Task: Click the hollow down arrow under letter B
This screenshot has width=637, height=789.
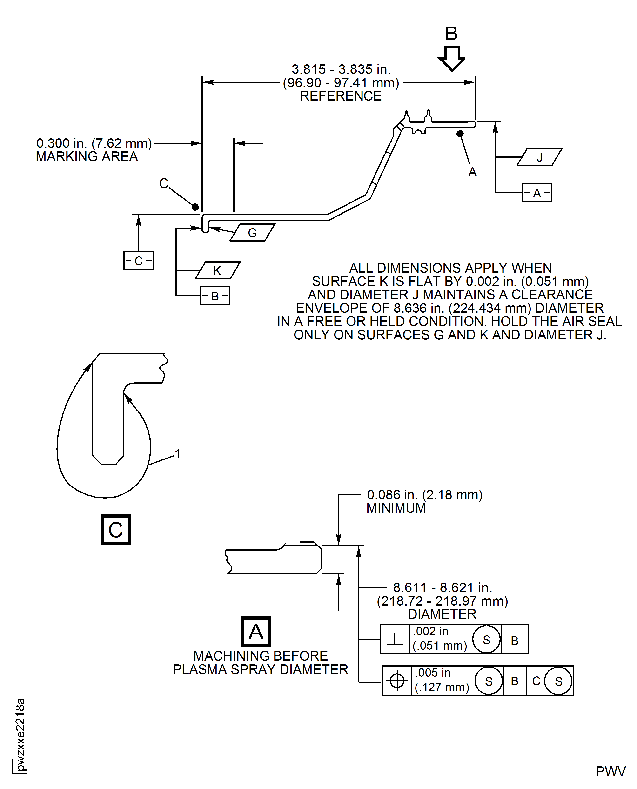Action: (452, 58)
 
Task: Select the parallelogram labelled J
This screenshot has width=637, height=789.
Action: (539, 157)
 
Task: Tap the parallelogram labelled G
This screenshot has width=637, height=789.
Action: (252, 232)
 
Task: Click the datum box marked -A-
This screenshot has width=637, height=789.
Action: (536, 192)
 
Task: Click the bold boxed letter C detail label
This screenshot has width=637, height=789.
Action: (116, 530)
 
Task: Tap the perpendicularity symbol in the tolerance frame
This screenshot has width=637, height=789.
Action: (395, 639)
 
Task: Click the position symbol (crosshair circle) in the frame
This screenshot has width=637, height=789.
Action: (397, 681)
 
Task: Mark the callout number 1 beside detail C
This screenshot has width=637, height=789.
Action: (178, 454)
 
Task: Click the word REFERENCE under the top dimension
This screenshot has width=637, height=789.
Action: (341, 96)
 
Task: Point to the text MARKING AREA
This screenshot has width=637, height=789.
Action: (87, 156)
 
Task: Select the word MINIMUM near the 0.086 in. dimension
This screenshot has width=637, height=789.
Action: (396, 508)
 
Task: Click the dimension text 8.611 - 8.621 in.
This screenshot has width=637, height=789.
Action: (443, 587)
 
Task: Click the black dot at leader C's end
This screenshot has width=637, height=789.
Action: (195, 207)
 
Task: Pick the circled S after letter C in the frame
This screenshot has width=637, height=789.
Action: (558, 681)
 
